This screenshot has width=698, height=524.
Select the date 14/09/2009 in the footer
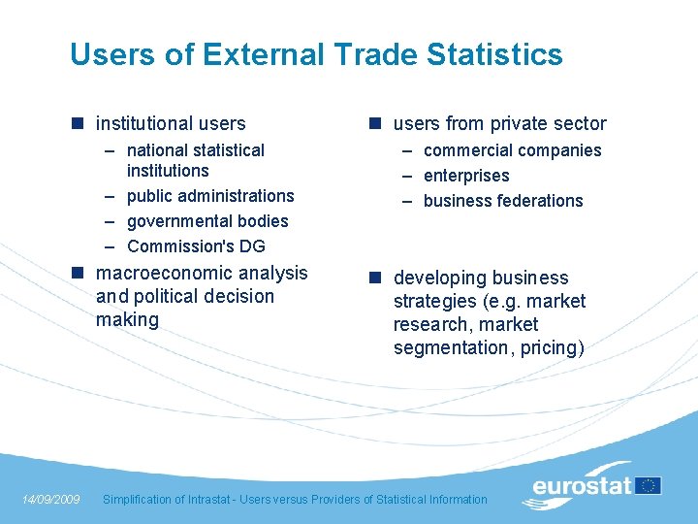click(x=50, y=500)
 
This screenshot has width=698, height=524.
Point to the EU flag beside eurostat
click(x=649, y=485)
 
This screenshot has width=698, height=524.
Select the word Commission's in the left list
click(x=175, y=246)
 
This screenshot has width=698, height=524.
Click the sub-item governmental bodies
click(x=207, y=221)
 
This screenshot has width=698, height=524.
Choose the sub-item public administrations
click(x=210, y=196)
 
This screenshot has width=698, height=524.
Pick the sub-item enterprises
click(x=466, y=176)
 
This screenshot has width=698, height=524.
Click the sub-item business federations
click(x=503, y=201)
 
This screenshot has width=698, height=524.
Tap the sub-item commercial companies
click(x=512, y=150)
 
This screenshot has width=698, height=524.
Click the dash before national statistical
click(x=111, y=150)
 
